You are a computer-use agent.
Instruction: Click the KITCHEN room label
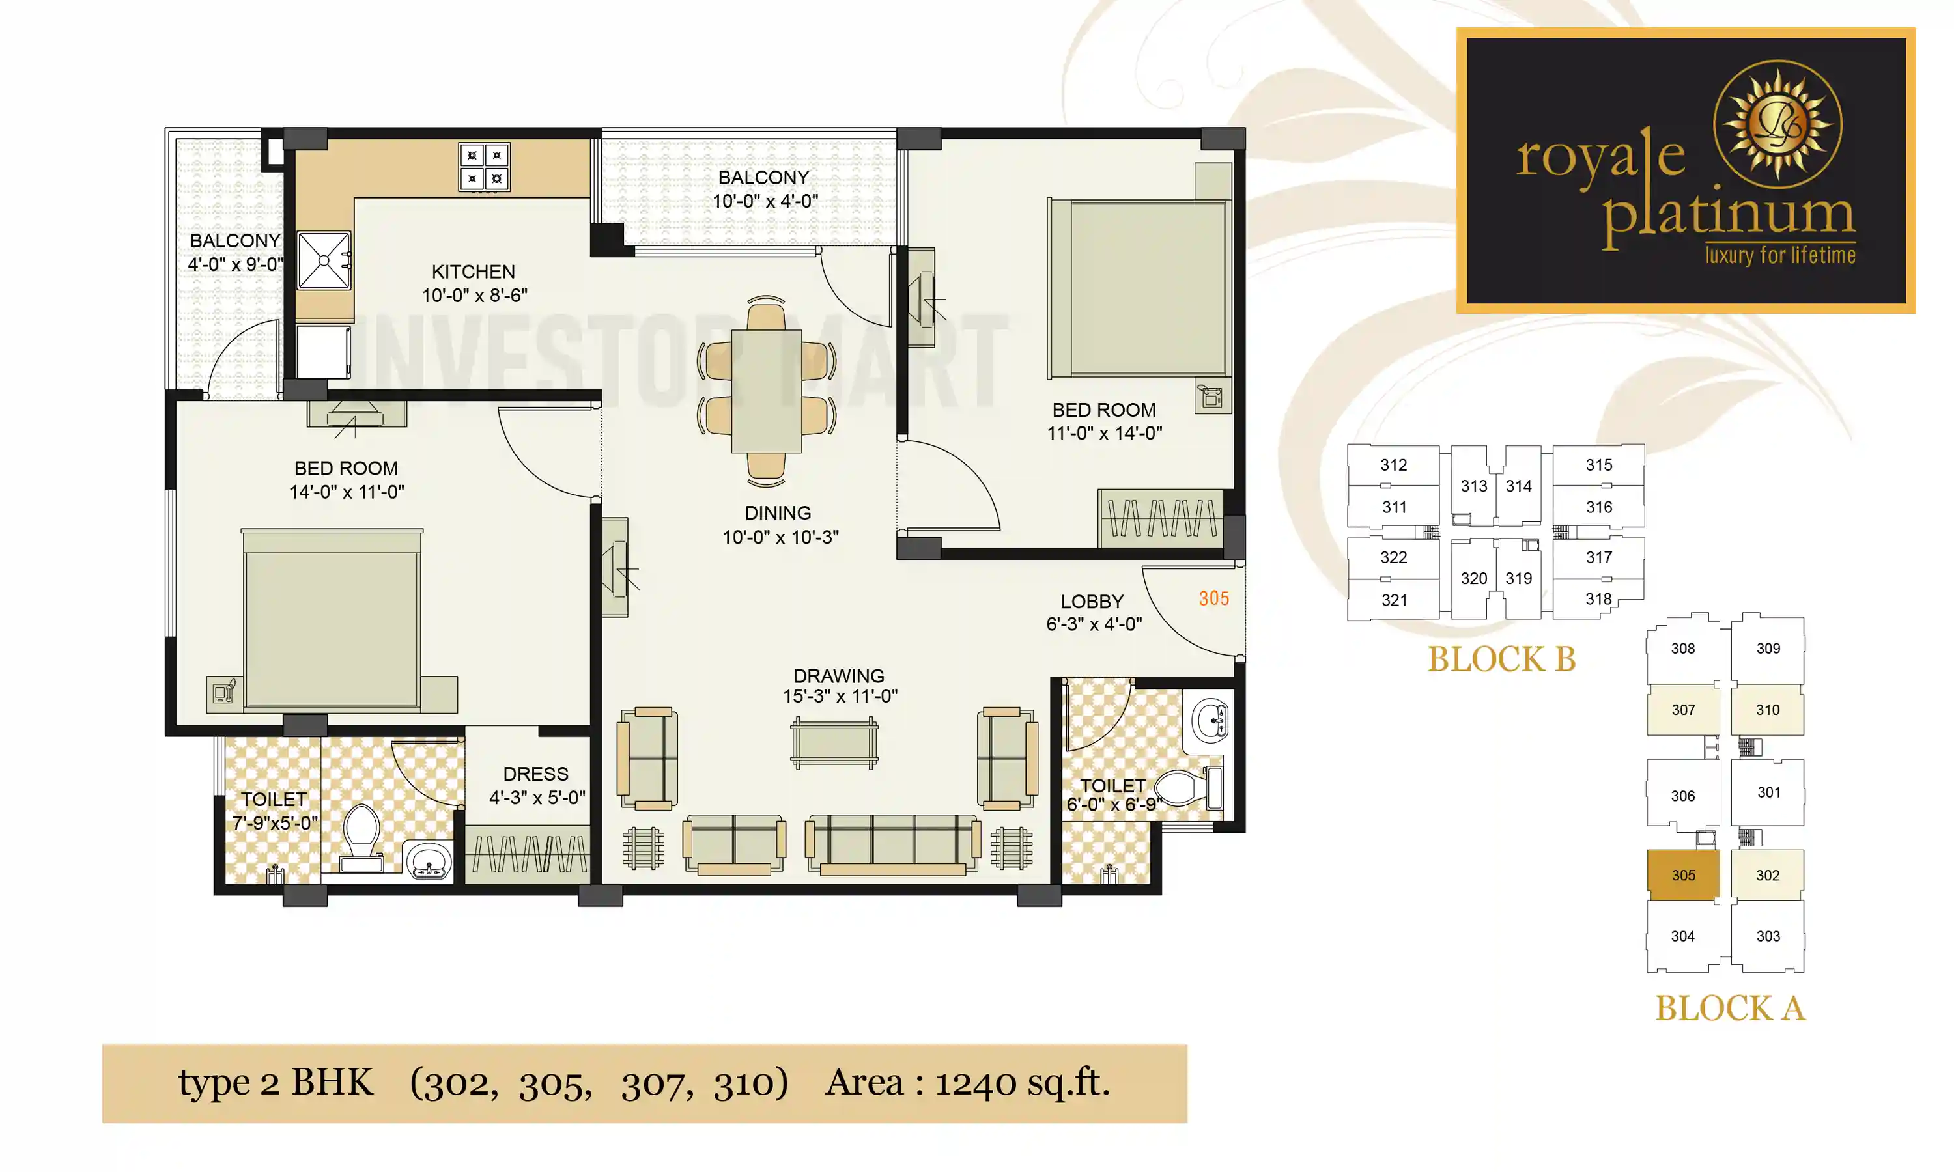472,272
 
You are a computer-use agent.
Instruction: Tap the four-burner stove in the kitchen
483,167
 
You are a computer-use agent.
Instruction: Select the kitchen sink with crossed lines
324,260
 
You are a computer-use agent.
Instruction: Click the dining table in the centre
766,391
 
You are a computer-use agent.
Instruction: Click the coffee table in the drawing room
834,743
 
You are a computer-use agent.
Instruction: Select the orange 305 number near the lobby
1213,598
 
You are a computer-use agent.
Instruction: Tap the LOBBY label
1092,602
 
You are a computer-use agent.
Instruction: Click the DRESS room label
535,774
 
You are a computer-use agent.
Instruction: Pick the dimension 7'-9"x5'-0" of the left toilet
275,822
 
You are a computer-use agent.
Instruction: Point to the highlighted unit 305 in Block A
1683,875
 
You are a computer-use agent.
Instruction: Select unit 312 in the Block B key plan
1393,465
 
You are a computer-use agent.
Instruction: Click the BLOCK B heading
1501,660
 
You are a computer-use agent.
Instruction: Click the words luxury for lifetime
1779,255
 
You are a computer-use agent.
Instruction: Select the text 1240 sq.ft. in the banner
1022,1083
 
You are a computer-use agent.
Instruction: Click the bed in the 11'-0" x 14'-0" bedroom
1137,288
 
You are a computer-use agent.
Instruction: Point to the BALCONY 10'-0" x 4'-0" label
765,189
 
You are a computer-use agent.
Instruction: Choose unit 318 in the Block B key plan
1598,600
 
